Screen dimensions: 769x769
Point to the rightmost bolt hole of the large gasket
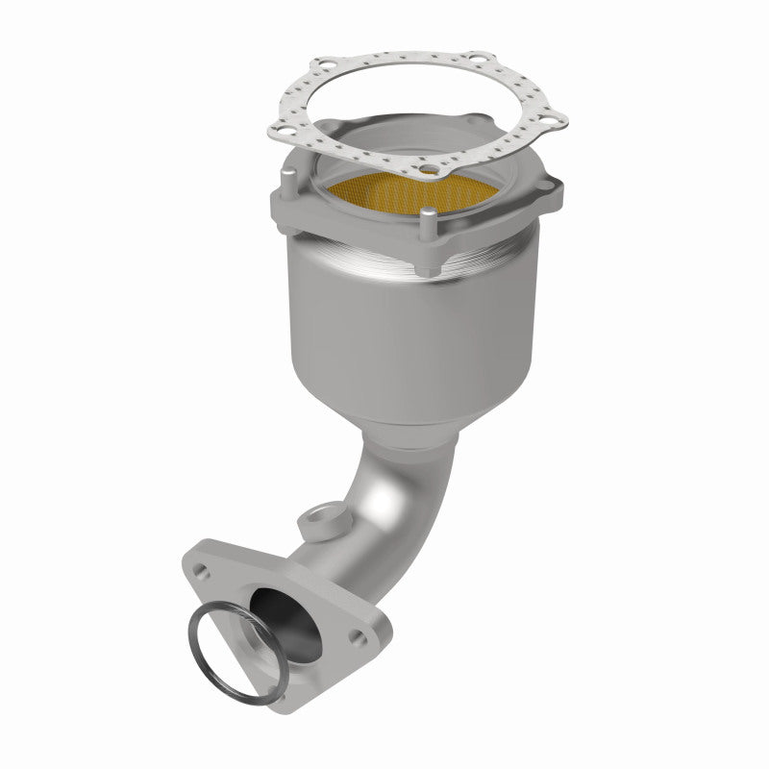551,122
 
